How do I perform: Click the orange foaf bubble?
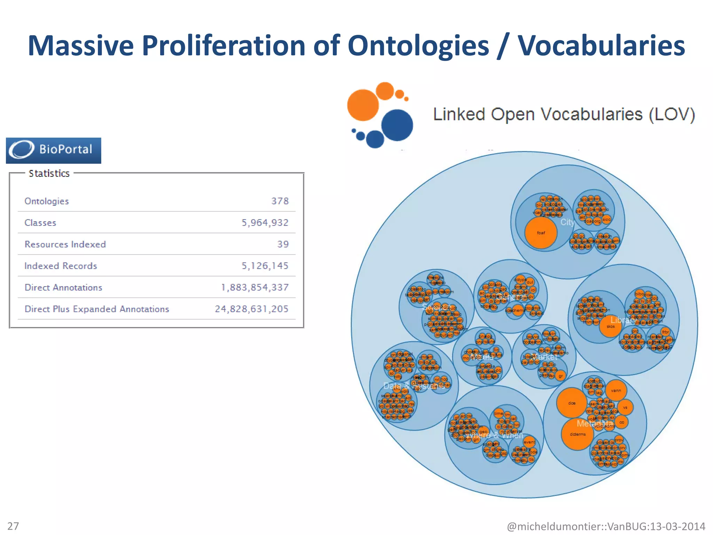[541, 233]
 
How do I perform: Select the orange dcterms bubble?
[578, 434]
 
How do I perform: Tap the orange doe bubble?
[572, 403]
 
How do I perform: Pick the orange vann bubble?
[616, 390]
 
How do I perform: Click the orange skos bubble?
[610, 326]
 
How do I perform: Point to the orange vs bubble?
[625, 407]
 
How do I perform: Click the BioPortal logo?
[53, 150]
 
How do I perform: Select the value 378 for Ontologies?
[280, 201]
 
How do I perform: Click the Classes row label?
[40, 223]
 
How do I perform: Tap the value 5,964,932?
[265, 223]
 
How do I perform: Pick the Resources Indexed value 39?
[283, 244]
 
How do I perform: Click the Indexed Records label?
[61, 266]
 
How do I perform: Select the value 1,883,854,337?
[255, 287]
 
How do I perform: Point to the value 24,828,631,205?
[251, 309]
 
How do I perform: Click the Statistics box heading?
[49, 173]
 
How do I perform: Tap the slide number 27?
[13, 526]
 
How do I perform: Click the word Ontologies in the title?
[418, 45]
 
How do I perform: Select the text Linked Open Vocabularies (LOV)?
[564, 115]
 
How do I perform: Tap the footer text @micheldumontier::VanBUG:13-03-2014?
[606, 526]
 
